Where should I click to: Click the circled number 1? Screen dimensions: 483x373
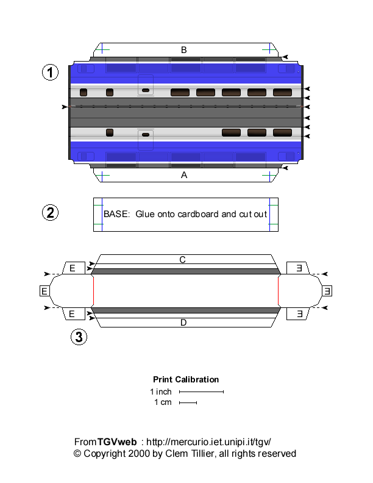pos(50,73)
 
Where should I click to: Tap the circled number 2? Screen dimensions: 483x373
pos(50,212)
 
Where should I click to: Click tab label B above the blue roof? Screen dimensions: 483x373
pos(184,50)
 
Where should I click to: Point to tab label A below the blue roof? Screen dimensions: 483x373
pos(184,175)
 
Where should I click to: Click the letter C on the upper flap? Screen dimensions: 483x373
pos(182,260)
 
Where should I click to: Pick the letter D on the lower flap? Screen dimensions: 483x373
pos(183,323)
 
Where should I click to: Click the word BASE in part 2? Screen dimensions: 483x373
pos(116,215)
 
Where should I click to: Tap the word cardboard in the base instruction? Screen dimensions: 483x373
pos(208,215)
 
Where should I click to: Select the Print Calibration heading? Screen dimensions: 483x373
pos(186,379)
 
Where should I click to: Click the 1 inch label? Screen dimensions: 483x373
pos(161,392)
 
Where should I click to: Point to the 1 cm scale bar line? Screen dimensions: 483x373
pos(188,402)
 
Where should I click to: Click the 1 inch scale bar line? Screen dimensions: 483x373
pos(201,392)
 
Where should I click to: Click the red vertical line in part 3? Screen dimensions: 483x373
pos(279,291)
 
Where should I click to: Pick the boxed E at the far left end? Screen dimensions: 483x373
pos(44,291)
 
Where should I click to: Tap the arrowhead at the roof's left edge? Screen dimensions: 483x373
pos(65,107)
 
